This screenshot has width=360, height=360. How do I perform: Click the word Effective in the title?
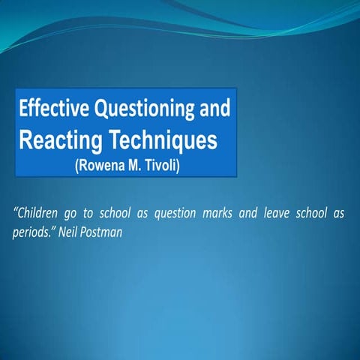pos(52,109)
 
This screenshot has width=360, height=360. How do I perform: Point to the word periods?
pos(33,232)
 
